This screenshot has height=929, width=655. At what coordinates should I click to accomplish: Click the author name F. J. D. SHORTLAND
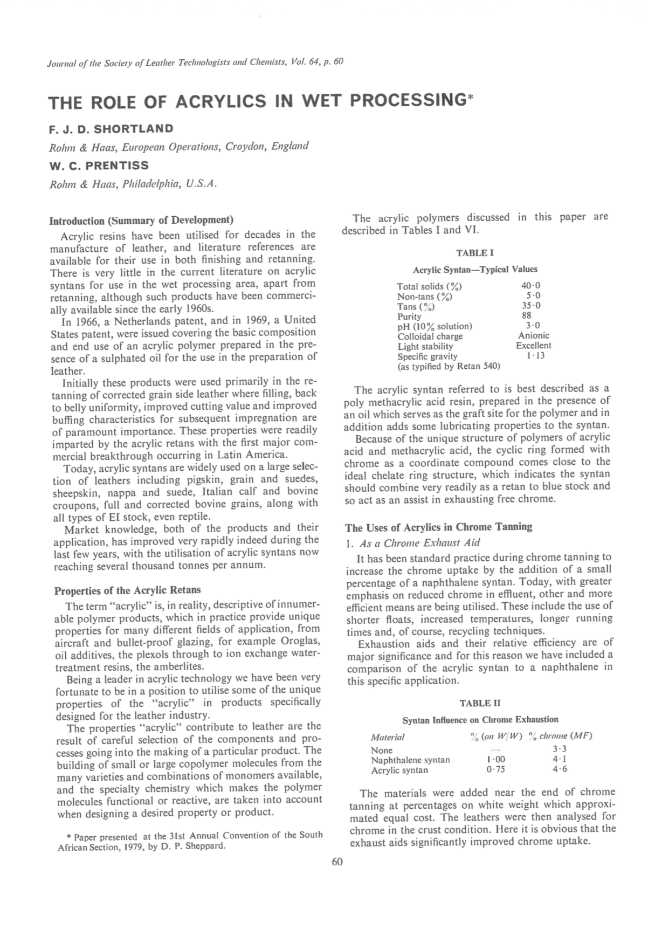(x=111, y=129)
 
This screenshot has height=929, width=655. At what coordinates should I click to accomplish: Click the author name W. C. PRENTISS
(x=99, y=166)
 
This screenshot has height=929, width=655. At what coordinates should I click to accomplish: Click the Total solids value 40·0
(x=530, y=286)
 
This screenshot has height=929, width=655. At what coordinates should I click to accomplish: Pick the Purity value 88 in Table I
(x=527, y=315)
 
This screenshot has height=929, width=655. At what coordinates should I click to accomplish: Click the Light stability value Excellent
(x=533, y=346)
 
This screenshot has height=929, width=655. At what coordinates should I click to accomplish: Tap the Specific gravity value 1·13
(x=535, y=356)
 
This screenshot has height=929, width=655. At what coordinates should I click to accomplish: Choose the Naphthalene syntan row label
(x=410, y=760)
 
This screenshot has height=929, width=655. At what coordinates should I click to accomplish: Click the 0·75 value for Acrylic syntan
(x=495, y=770)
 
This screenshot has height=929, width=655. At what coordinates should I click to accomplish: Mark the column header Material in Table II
(x=387, y=737)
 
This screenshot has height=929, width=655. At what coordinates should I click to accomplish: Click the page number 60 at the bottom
(x=337, y=862)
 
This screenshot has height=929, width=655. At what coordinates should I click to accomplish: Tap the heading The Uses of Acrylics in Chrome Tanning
(x=438, y=527)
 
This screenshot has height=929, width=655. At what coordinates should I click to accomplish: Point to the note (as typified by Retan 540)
(x=449, y=366)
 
